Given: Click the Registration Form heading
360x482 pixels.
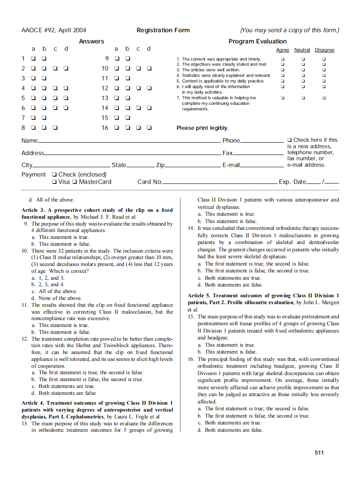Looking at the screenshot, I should tap(163, 30).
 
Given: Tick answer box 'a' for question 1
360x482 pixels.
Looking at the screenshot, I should tap(33, 58).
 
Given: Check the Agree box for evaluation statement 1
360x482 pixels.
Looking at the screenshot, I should tap(282, 59).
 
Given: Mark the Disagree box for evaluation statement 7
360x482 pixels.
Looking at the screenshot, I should tap(324, 98).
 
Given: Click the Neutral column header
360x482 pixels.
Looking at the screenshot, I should tap(302, 50).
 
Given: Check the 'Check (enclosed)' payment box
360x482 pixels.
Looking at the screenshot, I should tap(54, 174).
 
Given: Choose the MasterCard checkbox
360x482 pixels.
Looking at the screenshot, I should tap(75, 182).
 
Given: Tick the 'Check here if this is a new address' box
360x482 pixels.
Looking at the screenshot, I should tap(290, 140).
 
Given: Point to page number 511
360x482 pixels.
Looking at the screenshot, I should tap(319, 452).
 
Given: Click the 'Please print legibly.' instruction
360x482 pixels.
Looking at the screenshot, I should tap(202, 128).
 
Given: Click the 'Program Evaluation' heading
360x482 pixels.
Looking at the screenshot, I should tap(257, 41).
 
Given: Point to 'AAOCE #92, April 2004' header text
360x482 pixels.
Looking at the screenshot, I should tap(54, 30).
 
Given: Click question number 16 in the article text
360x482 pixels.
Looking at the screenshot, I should tap(191, 359).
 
